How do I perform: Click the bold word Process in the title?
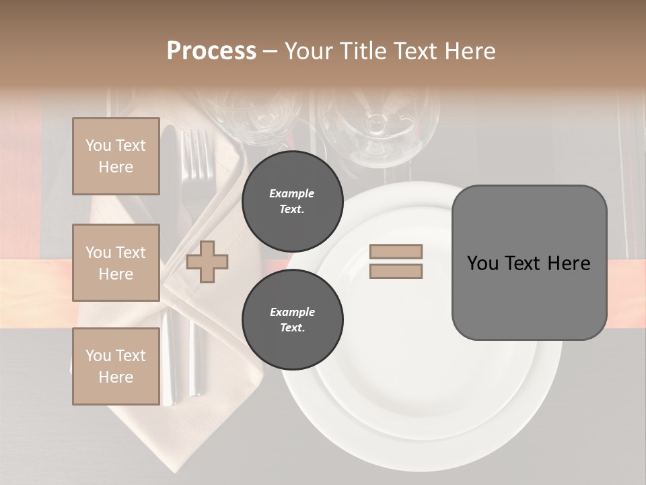[x=211, y=51]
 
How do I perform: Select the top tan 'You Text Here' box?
[x=116, y=156]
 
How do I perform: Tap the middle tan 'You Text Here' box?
[x=116, y=263]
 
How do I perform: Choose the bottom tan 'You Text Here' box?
[x=116, y=366]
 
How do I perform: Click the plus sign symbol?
[x=207, y=261]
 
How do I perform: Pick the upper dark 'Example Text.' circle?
[x=292, y=201]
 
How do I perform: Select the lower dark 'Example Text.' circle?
[x=292, y=319]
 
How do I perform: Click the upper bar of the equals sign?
[x=396, y=251]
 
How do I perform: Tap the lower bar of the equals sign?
[x=396, y=271]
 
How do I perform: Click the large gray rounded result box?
[x=529, y=263]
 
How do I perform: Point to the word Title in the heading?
[x=363, y=51]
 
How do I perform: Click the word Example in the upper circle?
[x=292, y=193]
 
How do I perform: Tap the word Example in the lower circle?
[x=292, y=312]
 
